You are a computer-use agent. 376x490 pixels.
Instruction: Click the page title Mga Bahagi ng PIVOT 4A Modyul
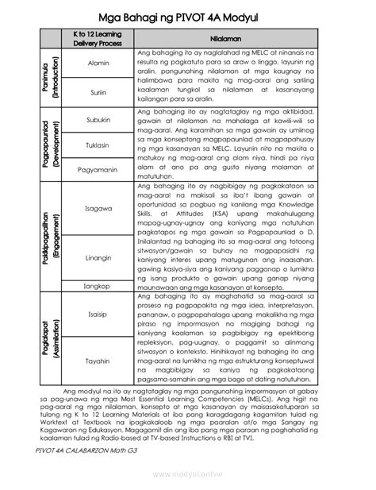click(188, 16)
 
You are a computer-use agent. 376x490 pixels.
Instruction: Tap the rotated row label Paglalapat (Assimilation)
click(49, 338)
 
